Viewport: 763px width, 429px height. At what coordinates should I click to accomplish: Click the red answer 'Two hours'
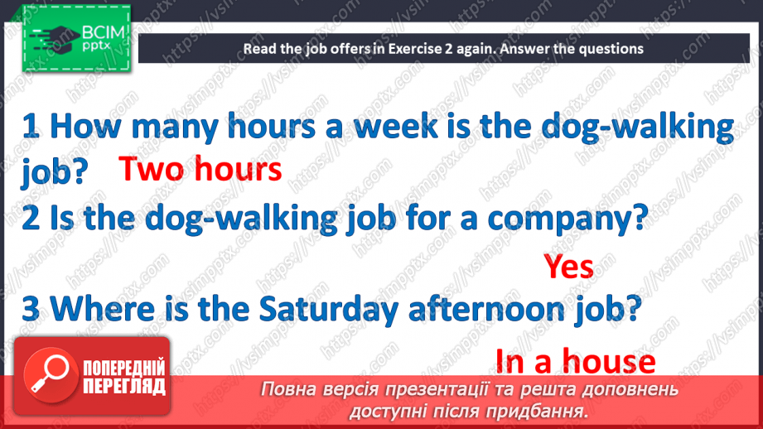[200, 170]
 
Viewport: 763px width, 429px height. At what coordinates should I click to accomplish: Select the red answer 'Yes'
[568, 267]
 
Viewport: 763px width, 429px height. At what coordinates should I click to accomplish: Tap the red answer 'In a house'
[575, 362]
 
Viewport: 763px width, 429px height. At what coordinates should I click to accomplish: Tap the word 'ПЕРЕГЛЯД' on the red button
[124, 386]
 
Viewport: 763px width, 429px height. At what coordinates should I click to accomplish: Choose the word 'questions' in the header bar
[612, 49]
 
